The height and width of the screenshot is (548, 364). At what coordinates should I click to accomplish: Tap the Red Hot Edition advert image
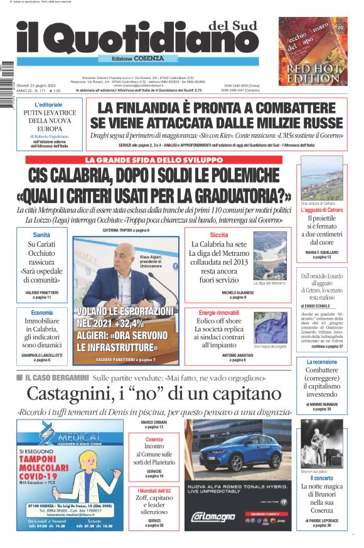(x=313, y=51)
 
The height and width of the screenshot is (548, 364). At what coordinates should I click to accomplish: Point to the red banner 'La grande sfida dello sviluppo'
(x=154, y=160)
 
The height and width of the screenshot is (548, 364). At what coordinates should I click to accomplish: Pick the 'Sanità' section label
(x=41, y=234)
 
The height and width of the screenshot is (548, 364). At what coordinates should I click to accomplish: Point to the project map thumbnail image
(x=270, y=328)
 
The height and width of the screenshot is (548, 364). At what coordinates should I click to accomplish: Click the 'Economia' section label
(x=41, y=312)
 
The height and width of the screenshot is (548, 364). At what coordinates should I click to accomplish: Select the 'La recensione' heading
(x=322, y=362)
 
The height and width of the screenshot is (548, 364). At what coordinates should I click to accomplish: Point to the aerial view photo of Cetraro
(x=322, y=179)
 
